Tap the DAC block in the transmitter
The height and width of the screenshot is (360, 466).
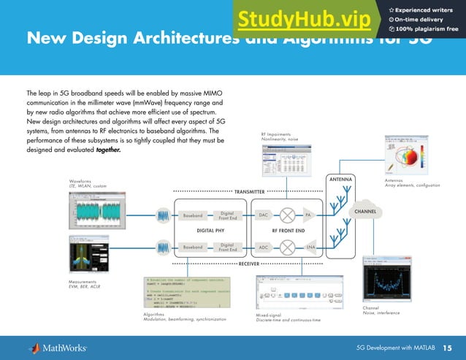(264, 215)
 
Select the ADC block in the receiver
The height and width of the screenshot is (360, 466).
(264, 248)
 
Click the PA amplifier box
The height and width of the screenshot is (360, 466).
(308, 215)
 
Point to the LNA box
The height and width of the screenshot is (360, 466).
(310, 248)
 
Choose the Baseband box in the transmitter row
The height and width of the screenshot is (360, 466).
(193, 215)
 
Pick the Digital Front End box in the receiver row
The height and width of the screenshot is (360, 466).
(227, 248)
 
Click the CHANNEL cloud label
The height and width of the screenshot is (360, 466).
(365, 212)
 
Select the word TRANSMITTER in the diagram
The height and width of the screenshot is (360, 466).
(249, 191)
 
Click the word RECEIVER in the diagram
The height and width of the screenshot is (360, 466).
(249, 263)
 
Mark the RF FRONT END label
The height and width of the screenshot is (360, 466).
(289, 231)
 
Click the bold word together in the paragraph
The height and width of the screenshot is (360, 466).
(107, 150)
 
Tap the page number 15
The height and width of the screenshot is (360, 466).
(447, 346)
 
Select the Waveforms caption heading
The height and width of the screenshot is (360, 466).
(80, 180)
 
